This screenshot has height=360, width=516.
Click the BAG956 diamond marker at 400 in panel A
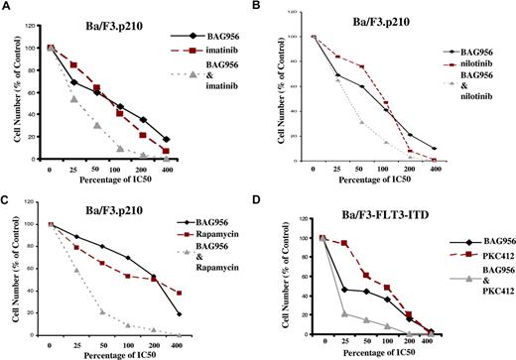pos(166,140)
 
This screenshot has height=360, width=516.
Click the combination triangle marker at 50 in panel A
pos(96,125)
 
